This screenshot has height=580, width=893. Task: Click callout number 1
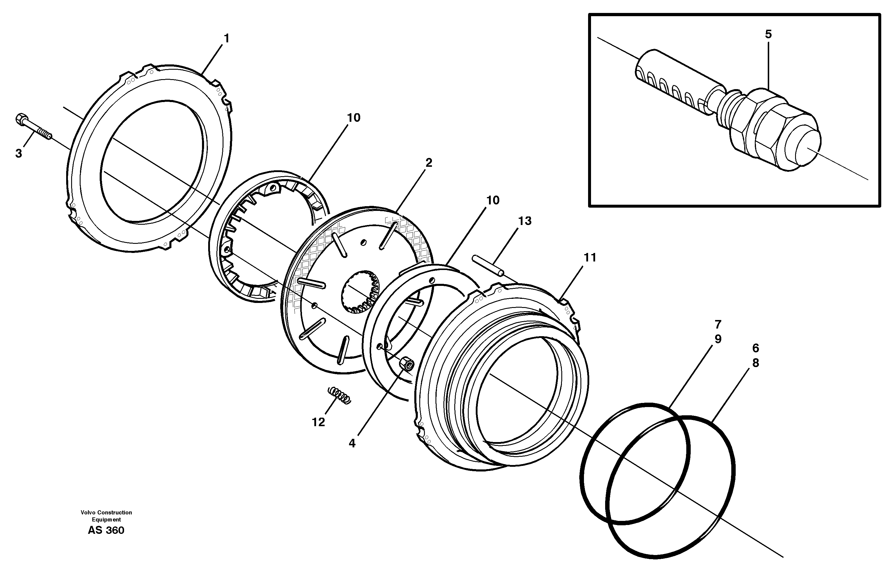226,38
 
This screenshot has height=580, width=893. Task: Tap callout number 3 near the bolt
19,153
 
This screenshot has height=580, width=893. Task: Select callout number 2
428,163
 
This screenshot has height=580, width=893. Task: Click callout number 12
318,422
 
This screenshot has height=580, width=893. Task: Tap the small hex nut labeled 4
406,364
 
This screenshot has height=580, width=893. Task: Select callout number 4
352,443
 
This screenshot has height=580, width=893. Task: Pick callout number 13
525,221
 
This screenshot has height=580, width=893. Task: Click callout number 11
590,258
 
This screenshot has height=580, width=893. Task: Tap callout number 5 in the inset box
768,34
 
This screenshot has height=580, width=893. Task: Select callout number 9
718,339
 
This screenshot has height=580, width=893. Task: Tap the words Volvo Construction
106,512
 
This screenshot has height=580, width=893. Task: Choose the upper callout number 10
353,118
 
